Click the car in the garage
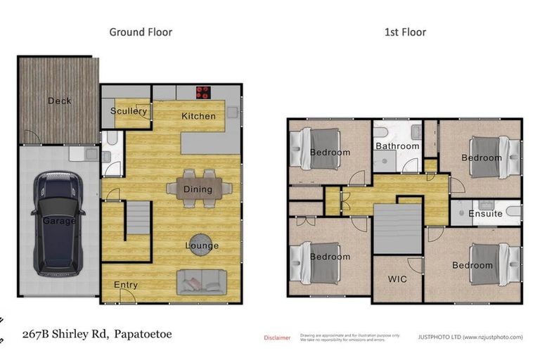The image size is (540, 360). click(58, 223)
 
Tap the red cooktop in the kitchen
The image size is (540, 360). click(204, 91)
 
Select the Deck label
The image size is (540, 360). click(59, 101)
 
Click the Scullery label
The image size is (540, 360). click(129, 111)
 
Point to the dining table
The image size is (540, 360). click(199, 188)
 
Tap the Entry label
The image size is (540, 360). click(126, 285)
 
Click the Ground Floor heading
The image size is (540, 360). click(141, 32)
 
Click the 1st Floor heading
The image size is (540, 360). click(404, 32)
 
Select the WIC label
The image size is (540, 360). click(397, 278)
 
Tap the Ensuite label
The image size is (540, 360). click(485, 213)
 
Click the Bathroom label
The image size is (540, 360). click(397, 146)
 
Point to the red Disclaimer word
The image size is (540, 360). click(277, 337)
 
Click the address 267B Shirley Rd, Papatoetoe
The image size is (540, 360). click(97, 334)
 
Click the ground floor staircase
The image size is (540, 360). click(138, 219)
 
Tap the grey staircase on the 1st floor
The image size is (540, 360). click(397, 229)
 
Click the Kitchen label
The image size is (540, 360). click(198, 115)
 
